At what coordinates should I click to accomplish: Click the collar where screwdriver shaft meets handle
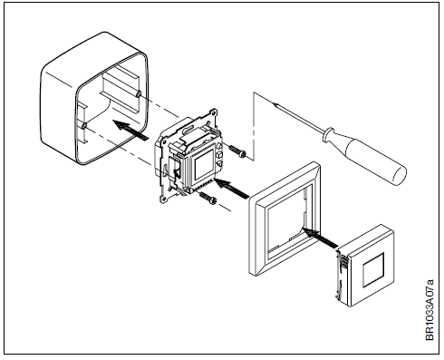[333, 137]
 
